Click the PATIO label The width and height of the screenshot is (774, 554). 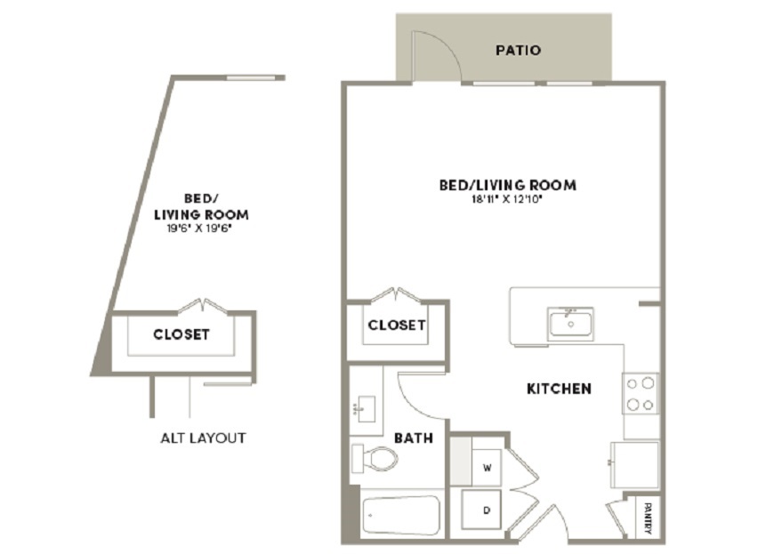point(518,51)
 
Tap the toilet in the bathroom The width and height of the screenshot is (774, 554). point(375,458)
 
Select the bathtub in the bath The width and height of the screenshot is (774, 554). point(401,516)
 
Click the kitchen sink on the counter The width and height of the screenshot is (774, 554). point(570,324)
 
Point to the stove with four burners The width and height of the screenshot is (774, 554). point(641,393)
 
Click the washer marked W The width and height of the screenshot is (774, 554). point(487,467)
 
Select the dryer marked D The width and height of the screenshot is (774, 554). point(481,510)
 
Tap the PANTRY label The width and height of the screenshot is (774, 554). point(649,518)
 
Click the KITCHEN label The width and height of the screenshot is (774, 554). point(559,389)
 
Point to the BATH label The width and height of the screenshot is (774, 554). point(414,438)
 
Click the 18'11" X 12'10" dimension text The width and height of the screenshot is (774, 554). point(507,199)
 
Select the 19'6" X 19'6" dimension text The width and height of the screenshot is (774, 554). point(200,229)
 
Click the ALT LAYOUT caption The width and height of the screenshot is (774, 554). point(203,438)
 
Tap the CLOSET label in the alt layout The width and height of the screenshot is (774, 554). point(181,334)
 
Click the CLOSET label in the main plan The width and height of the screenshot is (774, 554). point(397,325)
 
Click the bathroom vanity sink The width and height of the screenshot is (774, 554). point(366,409)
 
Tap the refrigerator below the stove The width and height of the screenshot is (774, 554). point(634,465)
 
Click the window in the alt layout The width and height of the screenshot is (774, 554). point(251,77)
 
